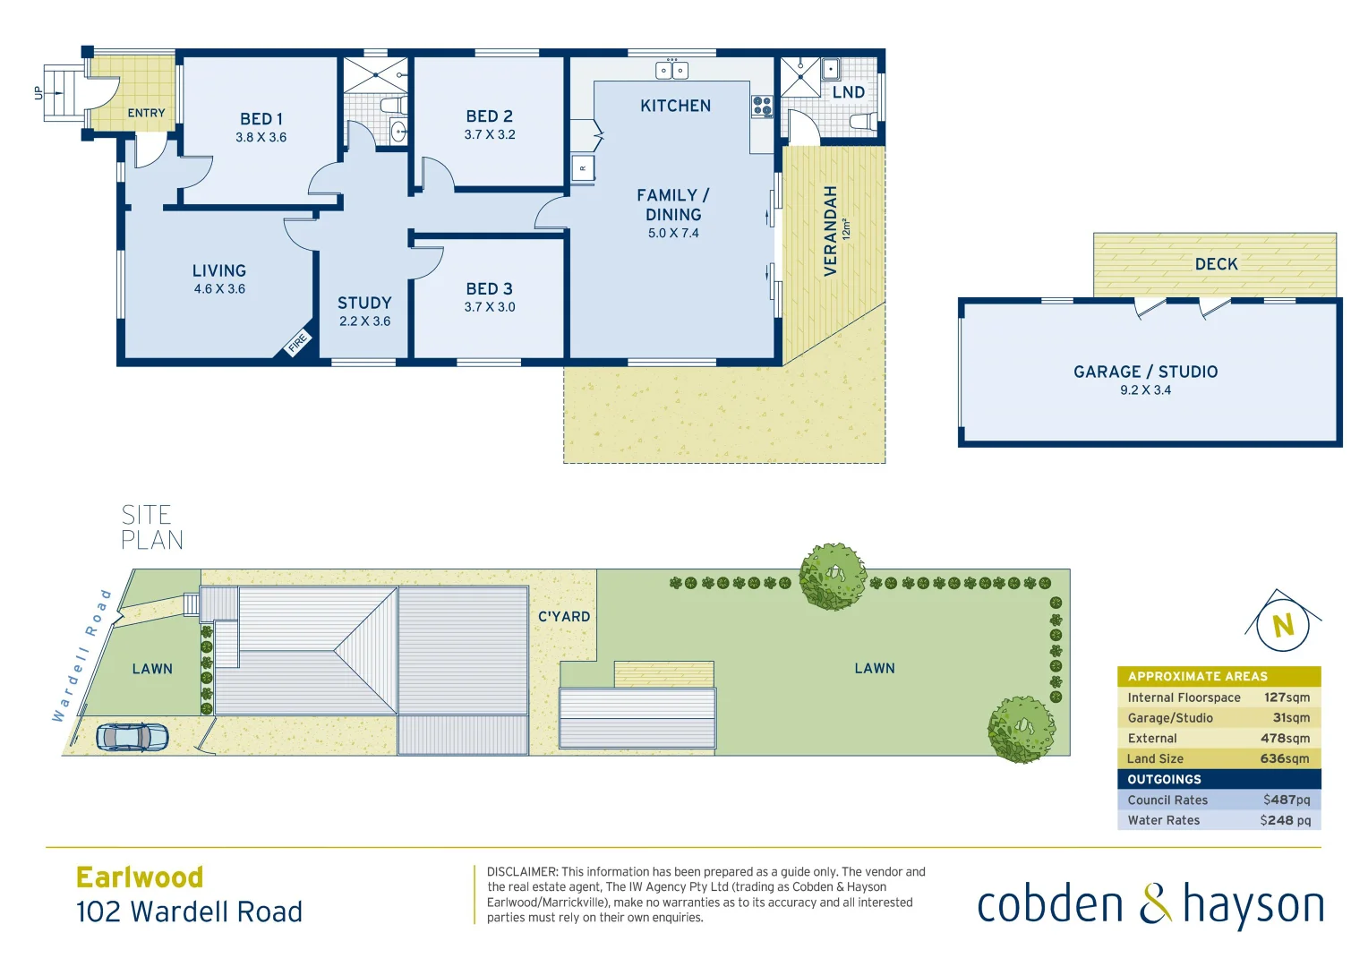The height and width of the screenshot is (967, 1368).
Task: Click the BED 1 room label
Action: pos(261,119)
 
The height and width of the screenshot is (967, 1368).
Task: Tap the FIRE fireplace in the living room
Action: pos(297,341)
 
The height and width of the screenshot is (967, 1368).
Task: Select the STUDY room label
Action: pos(364,304)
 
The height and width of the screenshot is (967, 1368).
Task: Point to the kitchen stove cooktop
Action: pos(762,107)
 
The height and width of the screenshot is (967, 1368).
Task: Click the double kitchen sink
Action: pos(671,70)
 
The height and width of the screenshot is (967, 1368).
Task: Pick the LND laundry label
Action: pos(848,92)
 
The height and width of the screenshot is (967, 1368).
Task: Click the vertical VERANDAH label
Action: pos(830,231)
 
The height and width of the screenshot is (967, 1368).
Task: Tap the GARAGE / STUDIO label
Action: pos(1145,372)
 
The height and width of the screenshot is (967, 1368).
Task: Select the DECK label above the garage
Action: pos(1216,264)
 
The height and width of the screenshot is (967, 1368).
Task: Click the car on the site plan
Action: pos(133,737)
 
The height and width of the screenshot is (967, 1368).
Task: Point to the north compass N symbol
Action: pos(1283,624)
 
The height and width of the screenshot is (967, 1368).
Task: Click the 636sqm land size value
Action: pos(1284,758)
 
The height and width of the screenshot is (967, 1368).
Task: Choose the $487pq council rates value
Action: pos(1286,800)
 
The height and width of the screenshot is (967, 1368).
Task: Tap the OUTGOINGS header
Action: pos(1164,779)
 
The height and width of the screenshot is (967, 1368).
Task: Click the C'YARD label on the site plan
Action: pos(564,617)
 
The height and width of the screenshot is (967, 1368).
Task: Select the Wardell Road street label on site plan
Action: pos(81,655)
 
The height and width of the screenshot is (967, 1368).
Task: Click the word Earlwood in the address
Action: pos(140,877)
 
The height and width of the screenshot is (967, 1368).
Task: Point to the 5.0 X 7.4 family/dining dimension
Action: pos(673,234)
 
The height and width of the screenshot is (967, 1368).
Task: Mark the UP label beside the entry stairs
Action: pos(38,92)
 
